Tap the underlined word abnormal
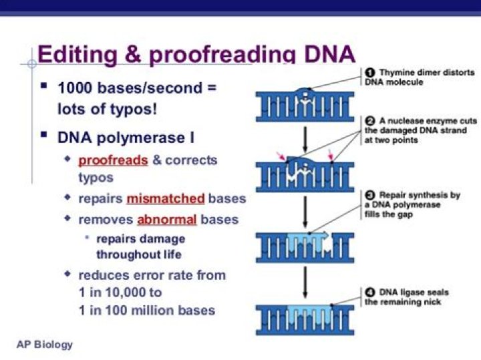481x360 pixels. (x=166, y=220)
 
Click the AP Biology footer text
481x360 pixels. (x=45, y=345)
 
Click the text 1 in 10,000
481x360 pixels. (x=120, y=293)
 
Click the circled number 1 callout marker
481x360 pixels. (x=369, y=72)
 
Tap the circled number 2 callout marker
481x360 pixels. (x=369, y=120)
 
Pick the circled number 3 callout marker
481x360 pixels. (x=369, y=195)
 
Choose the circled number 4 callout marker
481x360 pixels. (x=369, y=293)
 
